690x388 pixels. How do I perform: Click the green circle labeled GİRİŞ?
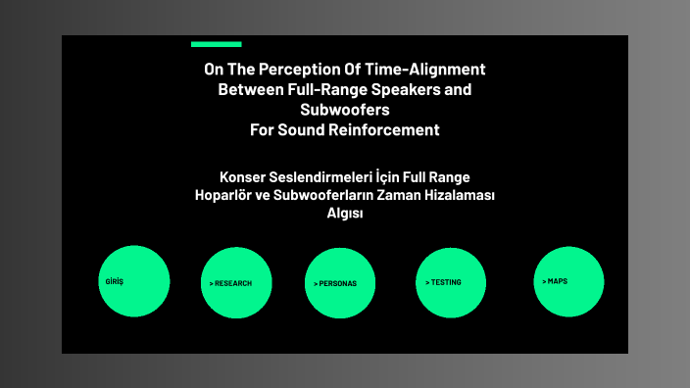134,281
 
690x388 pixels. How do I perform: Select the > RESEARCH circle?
235,283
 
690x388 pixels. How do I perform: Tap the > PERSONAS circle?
340,283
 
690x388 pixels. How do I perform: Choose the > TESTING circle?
451,283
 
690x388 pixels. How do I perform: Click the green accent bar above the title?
216,44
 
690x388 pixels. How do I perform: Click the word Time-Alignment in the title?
430,70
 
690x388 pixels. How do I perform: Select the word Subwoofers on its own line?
345,110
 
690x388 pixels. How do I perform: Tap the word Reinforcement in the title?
385,129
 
